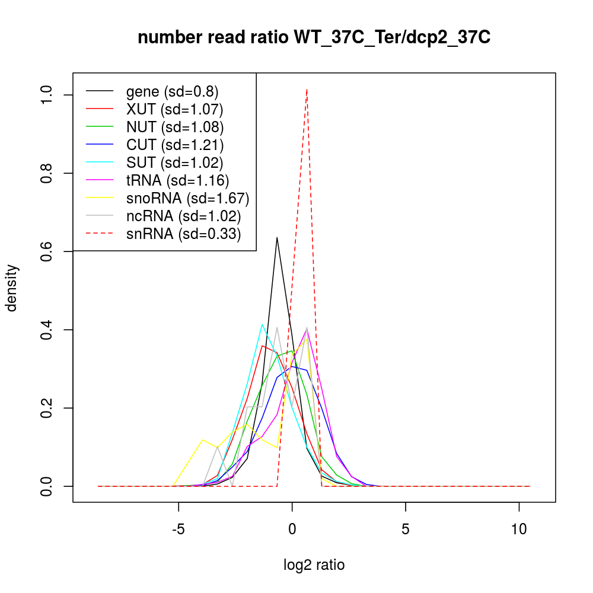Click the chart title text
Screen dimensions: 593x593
point(314,38)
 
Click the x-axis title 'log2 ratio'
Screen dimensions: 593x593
point(314,565)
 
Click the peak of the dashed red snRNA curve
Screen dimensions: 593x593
point(307,90)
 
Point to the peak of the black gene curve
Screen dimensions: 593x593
point(277,238)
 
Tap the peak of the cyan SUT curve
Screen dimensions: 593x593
point(262,324)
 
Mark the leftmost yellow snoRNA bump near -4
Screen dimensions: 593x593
point(203,440)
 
